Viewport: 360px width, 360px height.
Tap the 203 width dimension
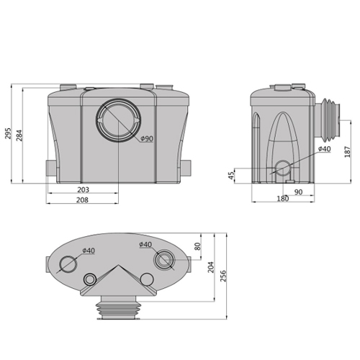(83, 190)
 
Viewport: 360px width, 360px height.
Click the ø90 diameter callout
(148, 138)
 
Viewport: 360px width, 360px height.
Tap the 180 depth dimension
(282, 199)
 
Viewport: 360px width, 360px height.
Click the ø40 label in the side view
(324, 148)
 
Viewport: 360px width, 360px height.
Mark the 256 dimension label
(224, 276)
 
